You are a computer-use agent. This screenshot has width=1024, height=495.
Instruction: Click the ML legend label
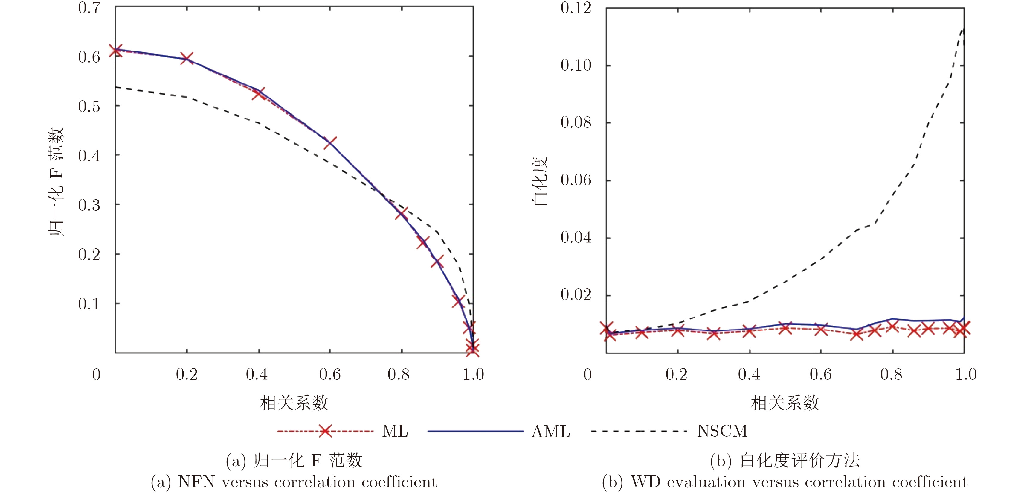coord(395,431)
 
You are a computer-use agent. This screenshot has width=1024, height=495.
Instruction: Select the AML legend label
coord(550,431)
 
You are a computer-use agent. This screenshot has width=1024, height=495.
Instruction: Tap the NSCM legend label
coord(722,431)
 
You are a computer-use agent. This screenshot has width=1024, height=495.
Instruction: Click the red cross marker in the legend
coord(325,431)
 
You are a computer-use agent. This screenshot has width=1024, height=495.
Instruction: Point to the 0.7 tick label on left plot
coord(89,8)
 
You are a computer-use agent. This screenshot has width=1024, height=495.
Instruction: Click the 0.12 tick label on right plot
coord(576,8)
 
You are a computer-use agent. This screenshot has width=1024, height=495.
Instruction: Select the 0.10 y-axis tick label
coord(576,65)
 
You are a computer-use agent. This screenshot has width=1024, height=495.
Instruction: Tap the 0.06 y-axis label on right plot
coord(576,180)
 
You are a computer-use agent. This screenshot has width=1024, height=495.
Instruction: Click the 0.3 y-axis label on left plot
coord(89,205)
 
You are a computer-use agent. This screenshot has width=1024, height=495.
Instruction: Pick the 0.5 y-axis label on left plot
coord(89,106)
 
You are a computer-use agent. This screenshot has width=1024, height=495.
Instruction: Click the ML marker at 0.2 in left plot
coord(187,58)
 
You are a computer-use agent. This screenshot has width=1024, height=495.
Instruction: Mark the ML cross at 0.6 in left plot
coord(329,142)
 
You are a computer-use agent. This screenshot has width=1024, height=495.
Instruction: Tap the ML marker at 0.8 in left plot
coord(401,214)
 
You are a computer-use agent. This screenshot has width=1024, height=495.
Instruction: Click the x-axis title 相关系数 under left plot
coord(294,403)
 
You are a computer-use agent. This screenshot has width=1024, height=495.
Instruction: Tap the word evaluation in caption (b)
coord(706,482)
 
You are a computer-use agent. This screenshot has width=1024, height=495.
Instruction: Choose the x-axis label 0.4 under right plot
coord(749,374)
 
